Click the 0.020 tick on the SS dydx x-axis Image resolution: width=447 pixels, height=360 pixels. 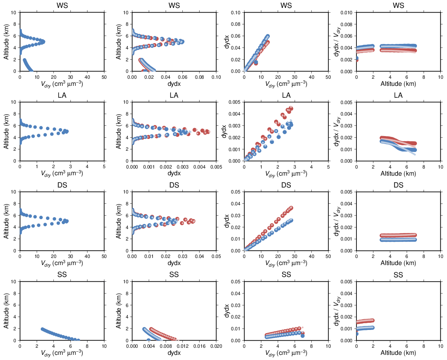coord(216,346)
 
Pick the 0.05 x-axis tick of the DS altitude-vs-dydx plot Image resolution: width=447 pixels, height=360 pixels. coord(216,256)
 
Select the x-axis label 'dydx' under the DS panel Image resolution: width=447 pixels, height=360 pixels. coord(174,263)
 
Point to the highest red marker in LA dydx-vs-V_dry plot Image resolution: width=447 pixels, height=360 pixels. coord(291,108)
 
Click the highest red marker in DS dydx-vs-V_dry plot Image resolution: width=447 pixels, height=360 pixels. coord(291,208)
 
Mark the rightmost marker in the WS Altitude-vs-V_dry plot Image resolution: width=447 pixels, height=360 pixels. coord(43,42)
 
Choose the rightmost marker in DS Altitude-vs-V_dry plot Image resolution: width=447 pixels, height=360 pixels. coord(67,221)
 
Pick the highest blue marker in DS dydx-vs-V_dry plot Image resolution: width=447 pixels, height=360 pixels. coord(291,220)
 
